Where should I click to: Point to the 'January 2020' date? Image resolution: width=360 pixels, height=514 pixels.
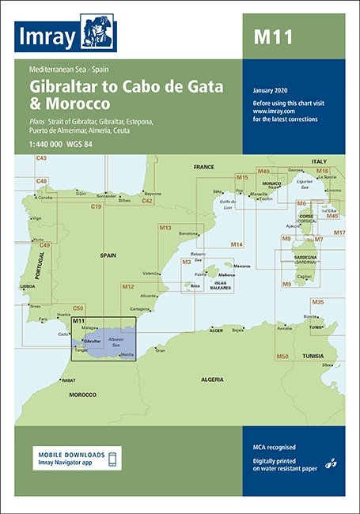pos(272,92)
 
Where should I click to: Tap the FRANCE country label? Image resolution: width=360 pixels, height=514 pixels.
pos(204,168)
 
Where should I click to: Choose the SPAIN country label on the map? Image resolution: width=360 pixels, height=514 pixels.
pos(108,256)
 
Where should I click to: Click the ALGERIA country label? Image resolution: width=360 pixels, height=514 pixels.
pos(211,380)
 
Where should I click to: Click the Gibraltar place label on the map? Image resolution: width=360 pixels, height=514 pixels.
pos(93,341)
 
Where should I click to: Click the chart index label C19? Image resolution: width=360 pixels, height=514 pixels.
pos(96,207)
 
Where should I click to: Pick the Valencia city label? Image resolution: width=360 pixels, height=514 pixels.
pos(150,274)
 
